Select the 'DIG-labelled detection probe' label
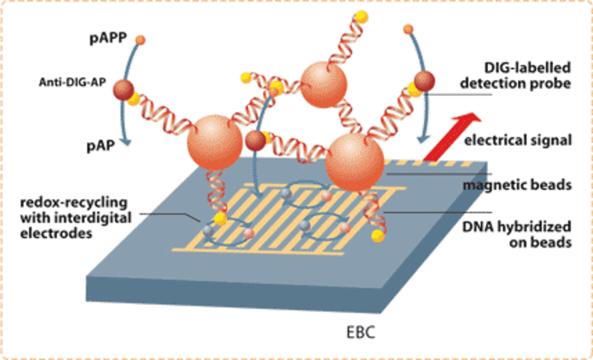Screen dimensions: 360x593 pos(516,75)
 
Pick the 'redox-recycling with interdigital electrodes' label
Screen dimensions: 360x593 pos(74,217)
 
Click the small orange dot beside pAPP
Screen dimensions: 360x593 pos(140,40)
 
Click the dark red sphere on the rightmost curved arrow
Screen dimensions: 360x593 pos(424,81)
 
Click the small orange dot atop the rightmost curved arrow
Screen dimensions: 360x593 pos(408,30)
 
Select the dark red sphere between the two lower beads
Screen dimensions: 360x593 pos(255,141)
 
